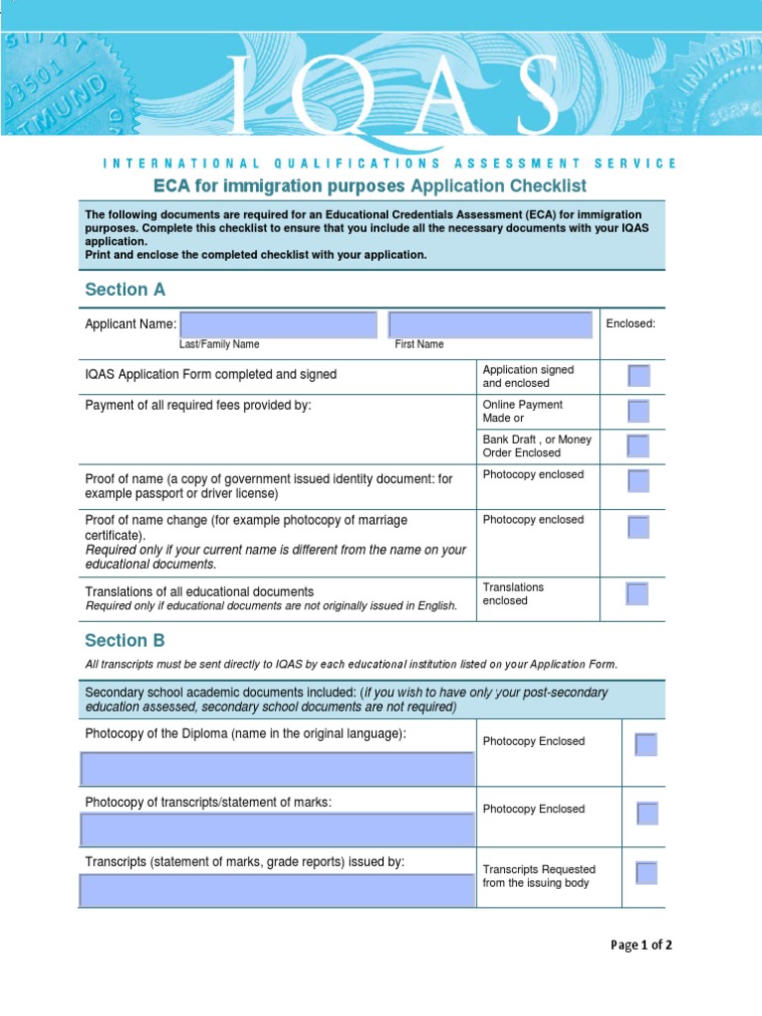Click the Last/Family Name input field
[x=279, y=324]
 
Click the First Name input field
[x=490, y=324]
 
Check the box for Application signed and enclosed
[x=639, y=376]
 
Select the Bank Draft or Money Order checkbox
[x=639, y=445]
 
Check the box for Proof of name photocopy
[x=639, y=481]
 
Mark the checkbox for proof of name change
[x=639, y=527]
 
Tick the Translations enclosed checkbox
[x=637, y=594]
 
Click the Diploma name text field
[x=277, y=769]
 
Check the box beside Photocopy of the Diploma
[x=646, y=744]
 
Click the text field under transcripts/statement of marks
[x=277, y=829]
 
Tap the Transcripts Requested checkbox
[x=646, y=873]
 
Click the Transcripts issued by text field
[x=277, y=890]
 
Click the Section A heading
[x=125, y=290]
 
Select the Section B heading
[x=125, y=641]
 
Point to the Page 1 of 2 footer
[x=641, y=946]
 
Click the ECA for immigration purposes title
[x=369, y=187]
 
